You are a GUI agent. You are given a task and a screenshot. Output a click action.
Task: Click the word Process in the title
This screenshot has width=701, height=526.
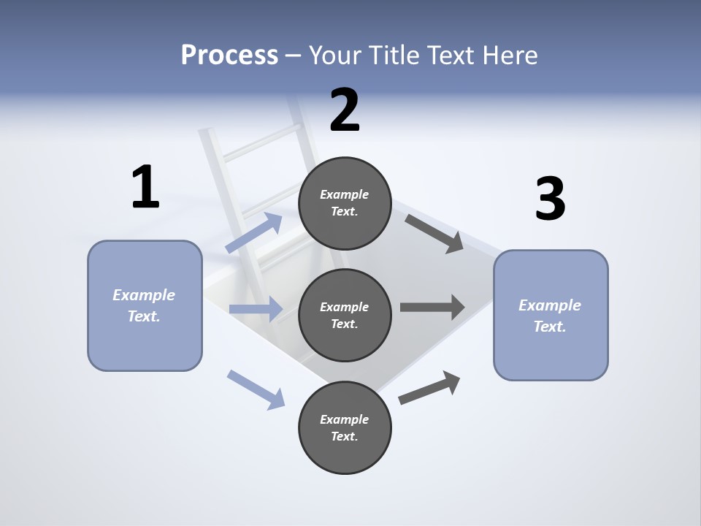[229, 55]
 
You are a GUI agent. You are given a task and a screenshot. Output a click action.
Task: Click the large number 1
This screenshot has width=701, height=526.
[145, 187]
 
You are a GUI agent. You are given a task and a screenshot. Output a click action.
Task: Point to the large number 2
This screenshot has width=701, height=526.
[345, 110]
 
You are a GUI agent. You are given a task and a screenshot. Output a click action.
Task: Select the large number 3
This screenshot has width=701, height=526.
[550, 199]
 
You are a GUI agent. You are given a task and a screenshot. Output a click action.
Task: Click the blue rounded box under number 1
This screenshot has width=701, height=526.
[145, 305]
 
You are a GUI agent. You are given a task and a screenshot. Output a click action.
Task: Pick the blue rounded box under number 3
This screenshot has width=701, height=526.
[551, 316]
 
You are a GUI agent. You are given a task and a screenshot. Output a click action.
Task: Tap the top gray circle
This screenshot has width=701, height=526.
[345, 203]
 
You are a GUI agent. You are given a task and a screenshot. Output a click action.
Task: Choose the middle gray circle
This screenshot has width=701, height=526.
[345, 315]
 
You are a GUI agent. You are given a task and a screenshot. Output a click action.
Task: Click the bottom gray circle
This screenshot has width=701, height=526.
[345, 427]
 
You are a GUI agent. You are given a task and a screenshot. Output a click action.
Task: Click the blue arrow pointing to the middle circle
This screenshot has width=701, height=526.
[256, 309]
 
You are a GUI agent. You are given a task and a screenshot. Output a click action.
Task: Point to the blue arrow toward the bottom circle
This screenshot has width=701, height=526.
[256, 389]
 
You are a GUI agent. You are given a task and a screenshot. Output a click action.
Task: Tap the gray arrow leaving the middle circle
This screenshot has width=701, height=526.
[432, 307]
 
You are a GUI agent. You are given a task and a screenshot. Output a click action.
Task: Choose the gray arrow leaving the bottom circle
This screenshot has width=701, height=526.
[429, 388]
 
